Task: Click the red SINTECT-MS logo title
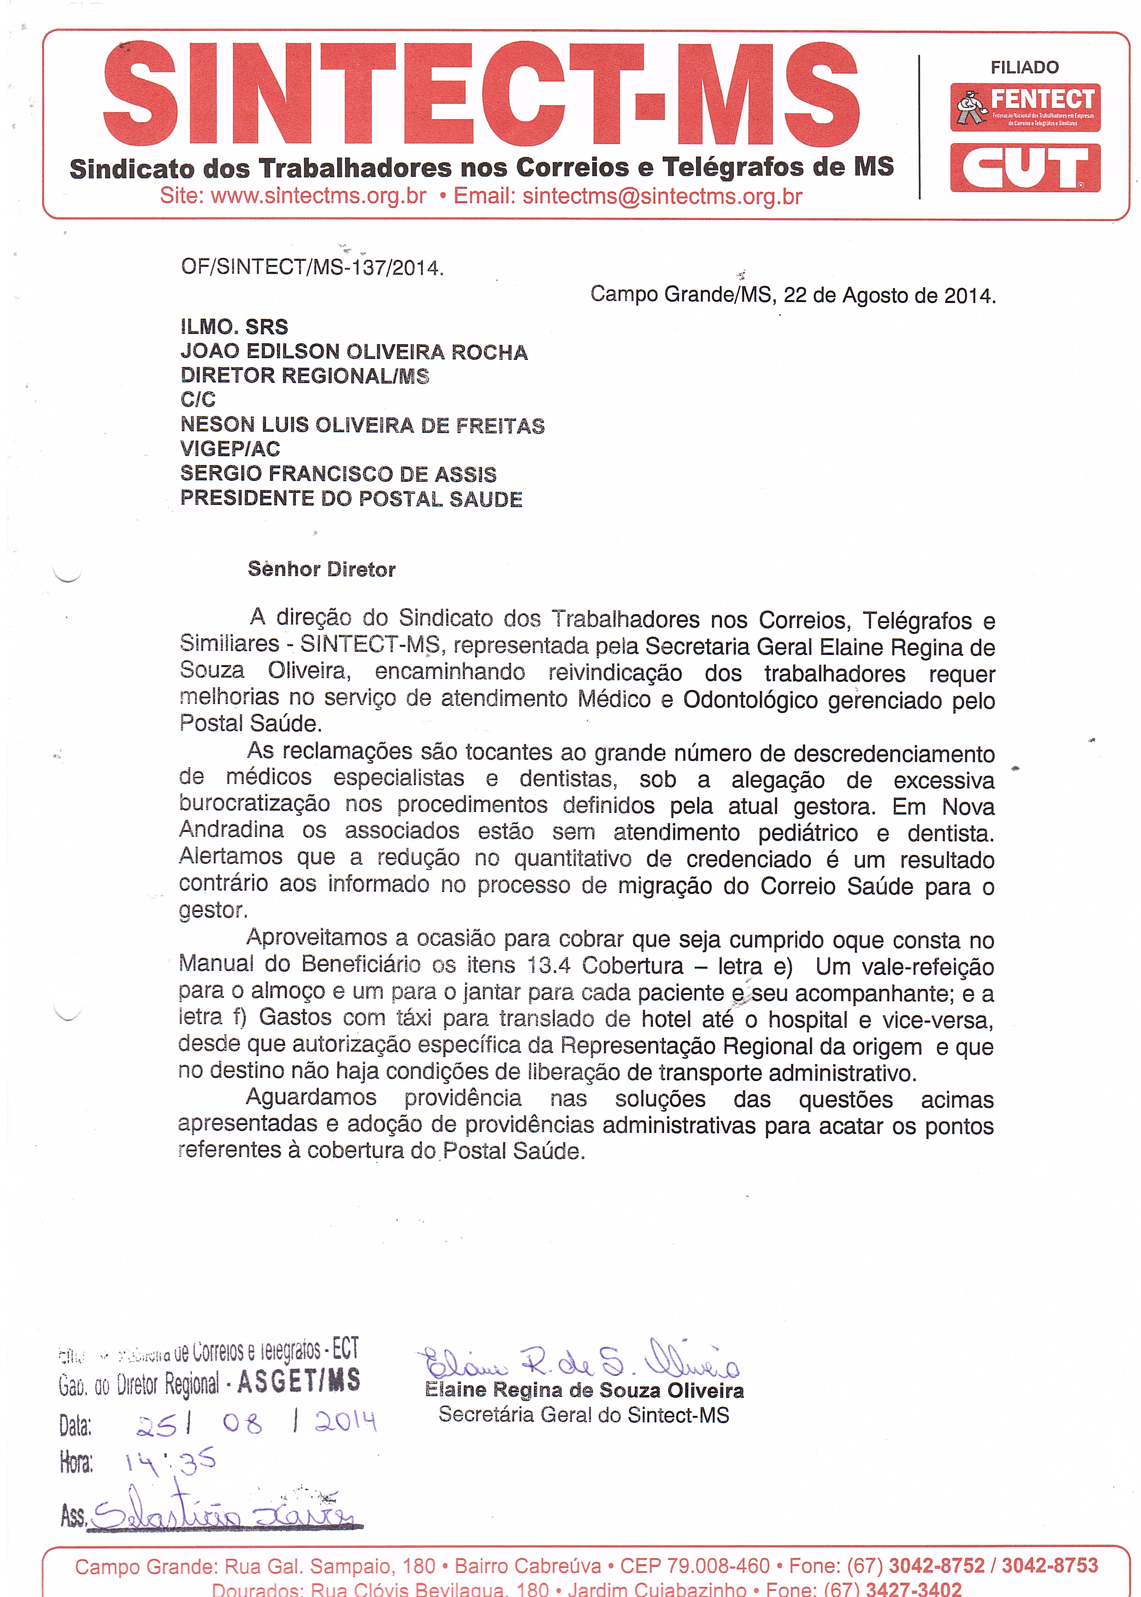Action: [x=481, y=95]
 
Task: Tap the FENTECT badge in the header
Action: [x=1025, y=107]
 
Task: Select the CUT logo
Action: [x=1025, y=168]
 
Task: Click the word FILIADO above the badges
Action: [x=1024, y=68]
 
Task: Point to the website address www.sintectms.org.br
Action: [x=318, y=196]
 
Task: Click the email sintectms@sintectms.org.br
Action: [x=662, y=196]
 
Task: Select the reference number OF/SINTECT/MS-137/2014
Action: [x=312, y=268]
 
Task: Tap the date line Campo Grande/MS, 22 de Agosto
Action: [x=792, y=295]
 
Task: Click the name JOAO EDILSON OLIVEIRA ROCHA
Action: [x=353, y=352]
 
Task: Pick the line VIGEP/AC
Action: [x=231, y=449]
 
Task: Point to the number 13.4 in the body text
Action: [x=549, y=966]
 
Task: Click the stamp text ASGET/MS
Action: [x=299, y=1381]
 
